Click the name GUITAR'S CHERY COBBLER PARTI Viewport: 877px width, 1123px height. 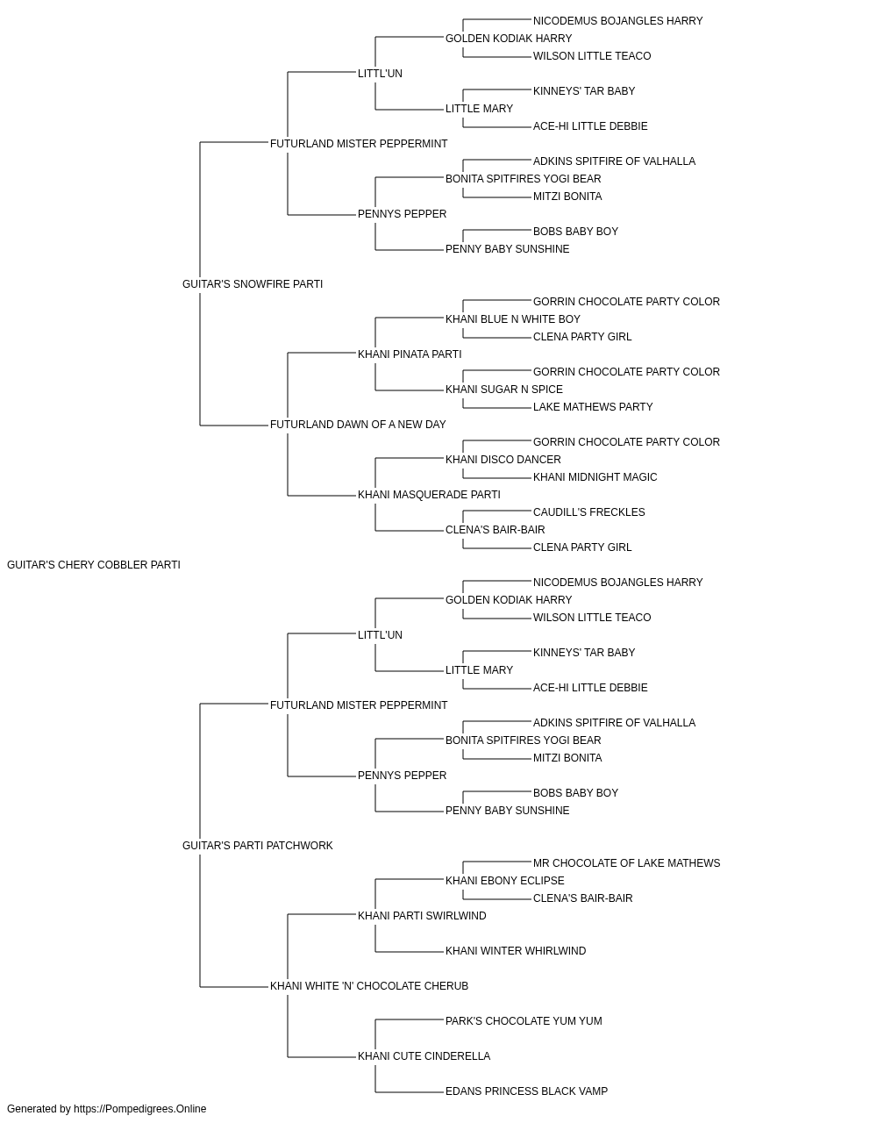(94, 565)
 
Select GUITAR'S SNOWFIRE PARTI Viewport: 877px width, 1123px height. (253, 284)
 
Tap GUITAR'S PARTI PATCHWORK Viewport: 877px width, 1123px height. (258, 846)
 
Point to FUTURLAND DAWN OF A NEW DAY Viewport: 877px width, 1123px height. (358, 425)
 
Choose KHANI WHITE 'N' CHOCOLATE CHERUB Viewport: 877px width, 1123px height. (369, 986)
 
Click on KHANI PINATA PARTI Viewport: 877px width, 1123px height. (410, 354)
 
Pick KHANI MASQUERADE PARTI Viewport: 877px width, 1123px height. (429, 495)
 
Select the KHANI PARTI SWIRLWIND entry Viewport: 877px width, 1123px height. (422, 916)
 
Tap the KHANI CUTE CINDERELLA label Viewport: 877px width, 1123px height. (424, 1056)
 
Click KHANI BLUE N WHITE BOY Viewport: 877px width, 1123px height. (513, 319)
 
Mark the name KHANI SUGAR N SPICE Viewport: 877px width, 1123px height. (504, 390)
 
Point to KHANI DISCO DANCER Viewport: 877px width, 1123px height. (503, 460)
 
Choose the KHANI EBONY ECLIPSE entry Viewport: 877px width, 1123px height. (505, 881)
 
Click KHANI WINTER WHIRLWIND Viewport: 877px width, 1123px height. (516, 951)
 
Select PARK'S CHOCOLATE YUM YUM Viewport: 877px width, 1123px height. (524, 1021)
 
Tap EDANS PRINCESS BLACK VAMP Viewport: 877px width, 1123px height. (527, 1091)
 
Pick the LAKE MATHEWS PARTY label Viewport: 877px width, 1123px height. (593, 407)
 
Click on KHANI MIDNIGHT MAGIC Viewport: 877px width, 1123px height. (595, 477)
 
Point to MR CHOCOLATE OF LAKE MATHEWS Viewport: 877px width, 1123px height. (626, 863)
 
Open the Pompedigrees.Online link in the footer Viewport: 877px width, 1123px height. (140, 1109)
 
